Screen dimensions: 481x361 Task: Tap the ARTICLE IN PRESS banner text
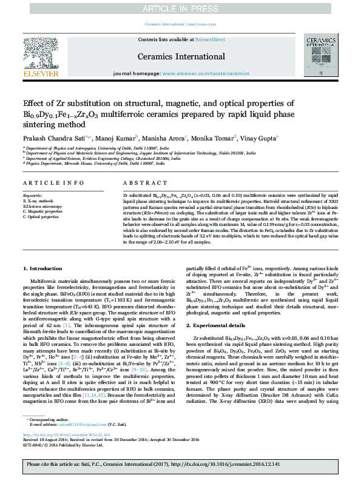[180, 8]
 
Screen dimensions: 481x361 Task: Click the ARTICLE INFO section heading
[53, 182]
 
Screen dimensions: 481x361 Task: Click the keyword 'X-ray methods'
[39, 200]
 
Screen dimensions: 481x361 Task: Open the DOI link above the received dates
[60, 434]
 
